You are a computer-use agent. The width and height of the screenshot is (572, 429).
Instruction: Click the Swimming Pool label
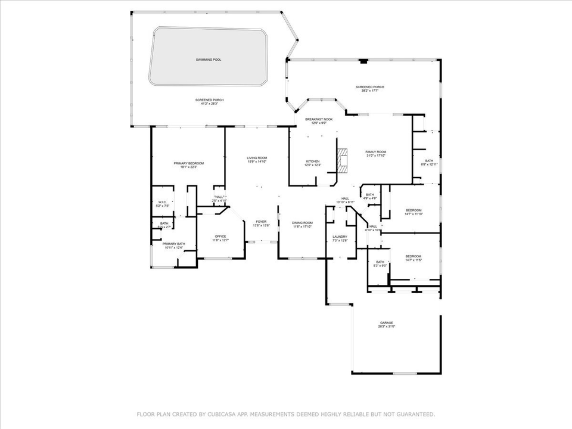(209, 60)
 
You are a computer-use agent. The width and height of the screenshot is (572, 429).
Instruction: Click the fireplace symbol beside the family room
(342, 160)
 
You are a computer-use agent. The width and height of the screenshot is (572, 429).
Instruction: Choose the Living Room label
(257, 159)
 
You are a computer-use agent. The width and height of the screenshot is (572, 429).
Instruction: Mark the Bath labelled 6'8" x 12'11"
(429, 164)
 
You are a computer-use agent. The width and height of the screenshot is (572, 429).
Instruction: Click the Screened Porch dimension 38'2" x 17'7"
(370, 91)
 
